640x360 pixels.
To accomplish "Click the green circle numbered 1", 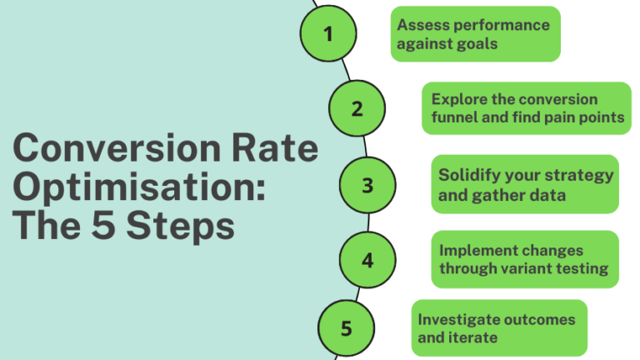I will (x=327, y=34).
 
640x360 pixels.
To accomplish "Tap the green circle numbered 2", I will (x=357, y=109).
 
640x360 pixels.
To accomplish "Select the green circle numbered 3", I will (x=367, y=185).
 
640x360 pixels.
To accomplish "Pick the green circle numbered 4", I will (x=367, y=260).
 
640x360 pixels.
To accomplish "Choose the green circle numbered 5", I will (x=347, y=327).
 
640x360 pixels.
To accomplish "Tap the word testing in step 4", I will (x=582, y=268).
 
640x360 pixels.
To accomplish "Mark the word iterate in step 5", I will (x=472, y=337).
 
